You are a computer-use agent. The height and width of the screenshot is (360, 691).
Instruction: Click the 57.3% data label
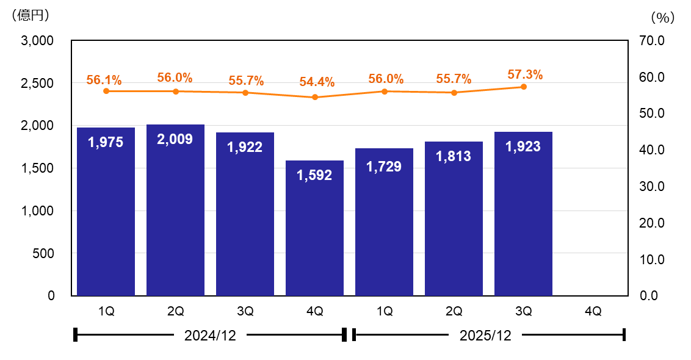tap(525, 75)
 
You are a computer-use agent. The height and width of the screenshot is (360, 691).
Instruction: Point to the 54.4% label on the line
tap(316, 82)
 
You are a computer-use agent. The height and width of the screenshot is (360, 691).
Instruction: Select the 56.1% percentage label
tap(104, 80)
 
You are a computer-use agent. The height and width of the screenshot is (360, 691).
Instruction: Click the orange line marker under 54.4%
tap(315, 97)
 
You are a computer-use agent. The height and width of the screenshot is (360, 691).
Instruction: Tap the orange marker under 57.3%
tap(524, 87)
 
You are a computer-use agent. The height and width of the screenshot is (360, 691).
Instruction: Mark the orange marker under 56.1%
tap(106, 91)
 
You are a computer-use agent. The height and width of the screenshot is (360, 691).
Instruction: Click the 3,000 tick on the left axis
tap(37, 41)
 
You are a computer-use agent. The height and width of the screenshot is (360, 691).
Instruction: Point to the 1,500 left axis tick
tap(37, 168)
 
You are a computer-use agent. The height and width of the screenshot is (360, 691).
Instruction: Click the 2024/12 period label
tap(209, 335)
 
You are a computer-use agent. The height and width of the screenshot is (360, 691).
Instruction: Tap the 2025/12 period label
tap(485, 335)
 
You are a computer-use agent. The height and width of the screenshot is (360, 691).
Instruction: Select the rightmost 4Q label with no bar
tap(593, 311)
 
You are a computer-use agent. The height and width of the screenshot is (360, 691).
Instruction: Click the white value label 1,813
tap(454, 156)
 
